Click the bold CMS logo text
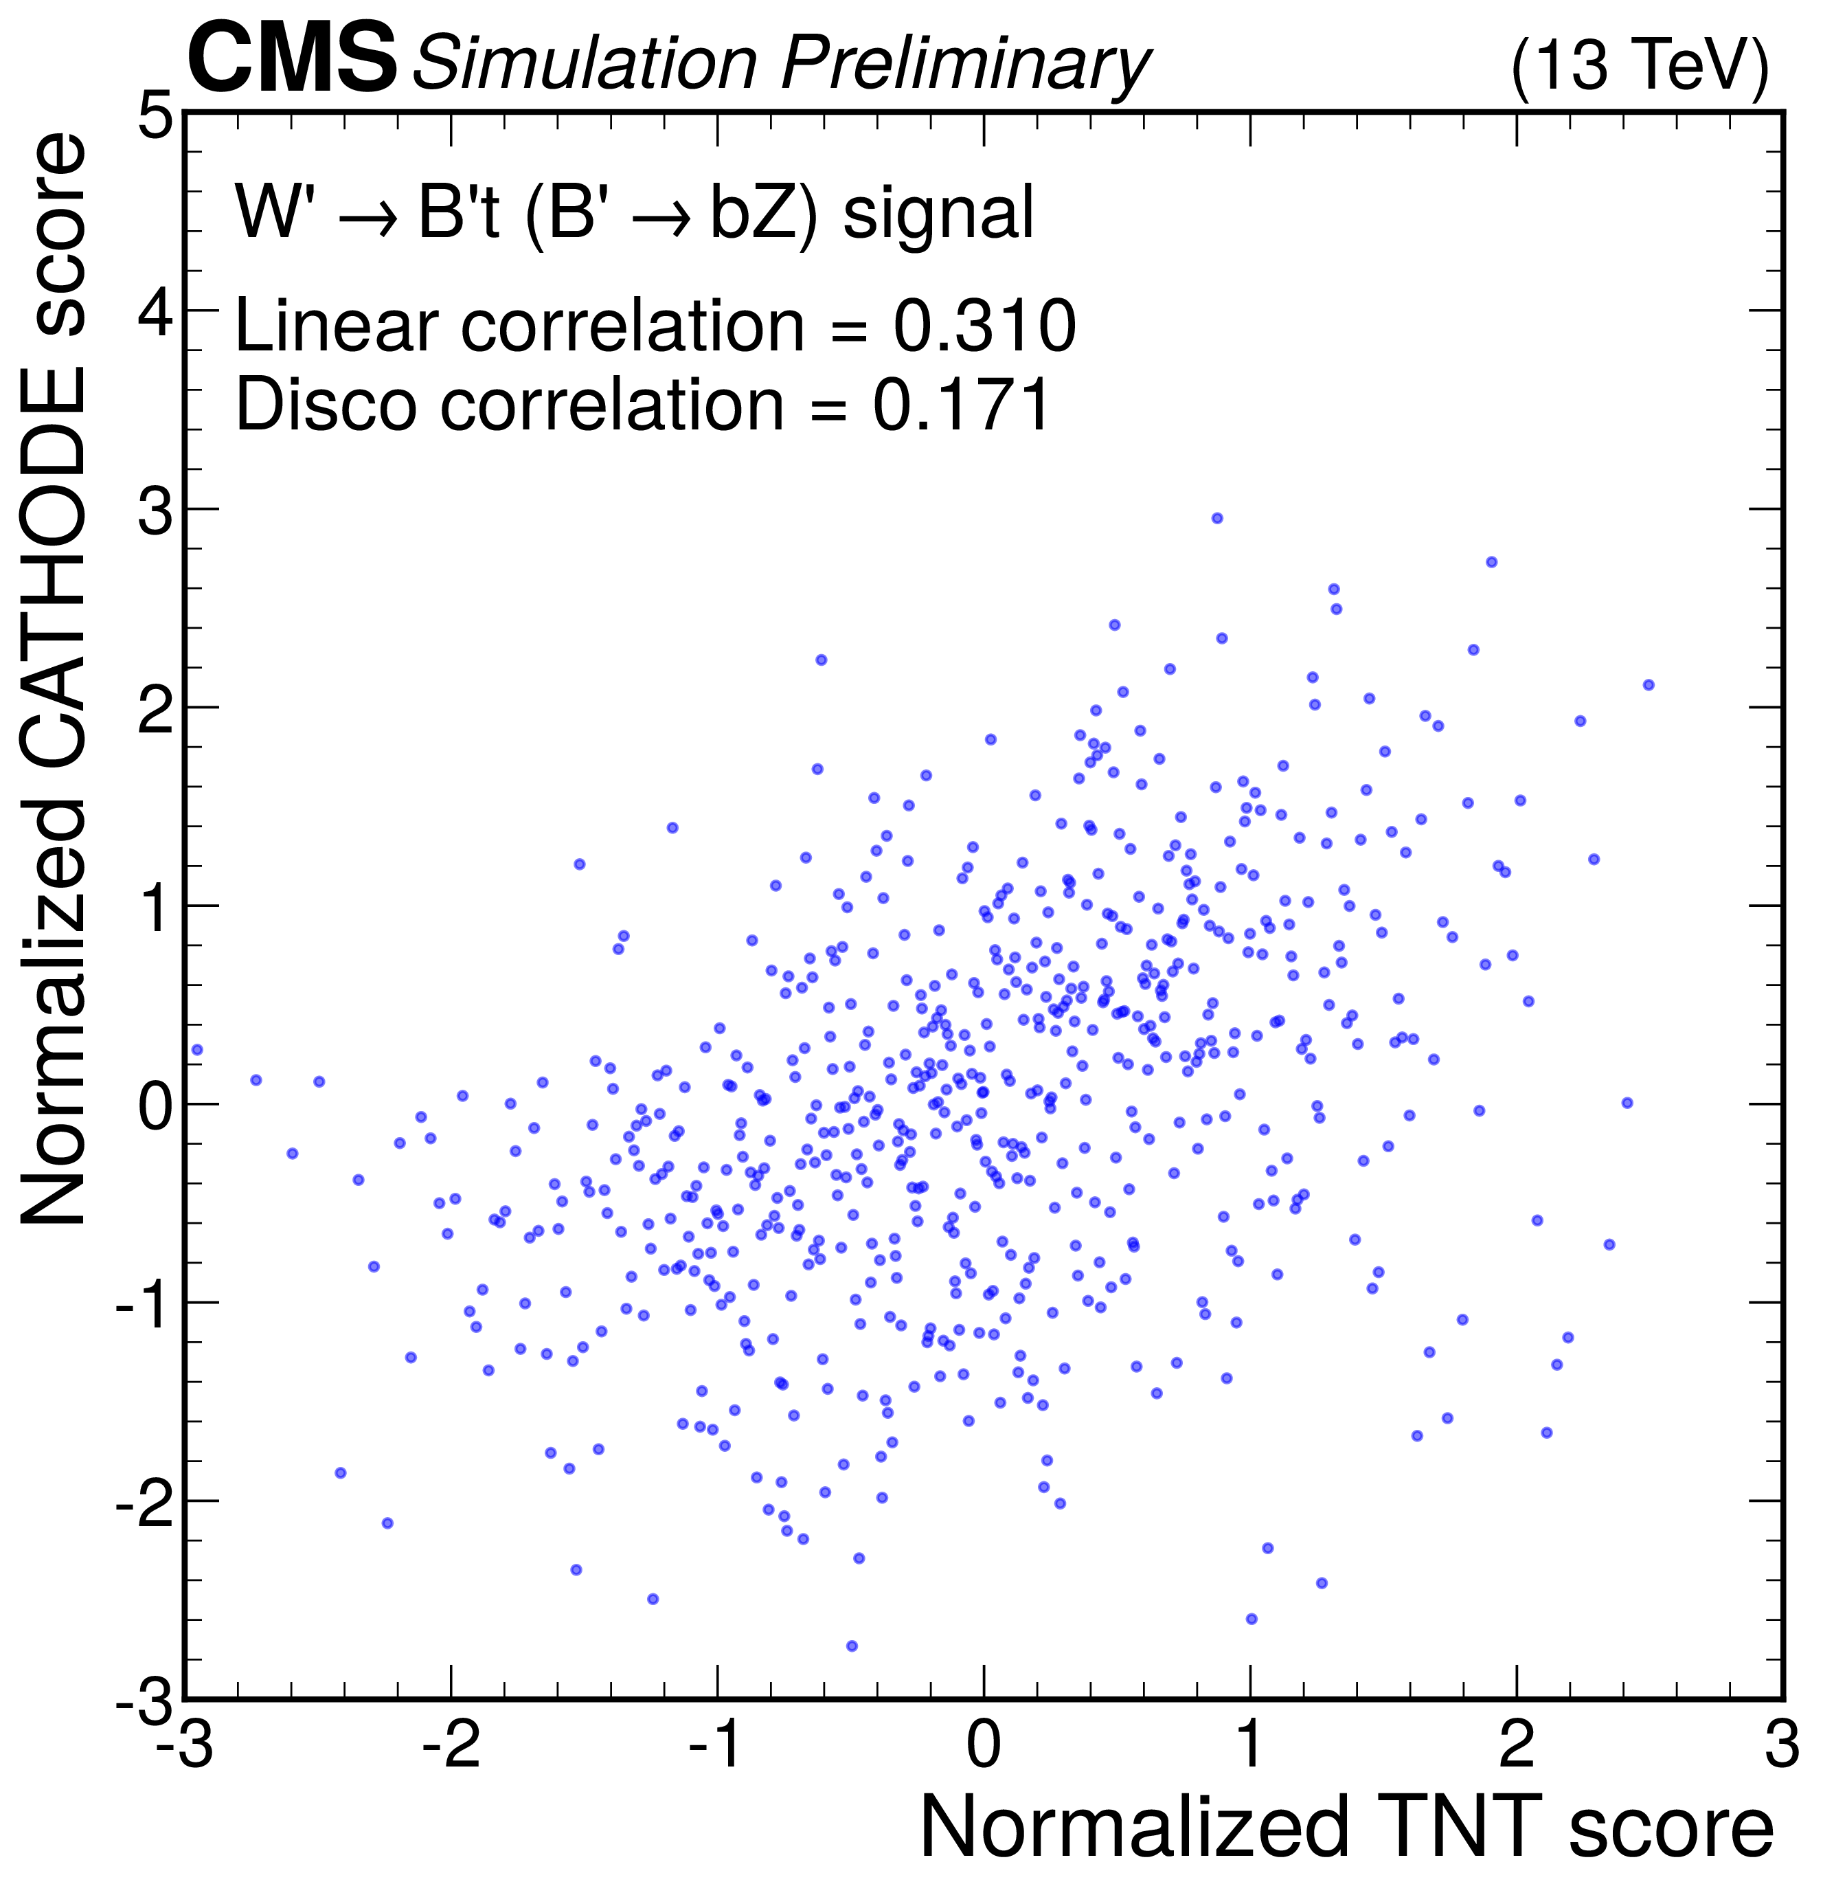pos(291,60)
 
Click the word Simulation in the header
pos(585,63)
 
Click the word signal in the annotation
pos(938,213)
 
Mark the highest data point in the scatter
pos(1217,518)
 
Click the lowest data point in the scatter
pos(852,1646)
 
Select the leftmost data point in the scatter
pos(197,1049)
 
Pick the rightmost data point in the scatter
pos(1648,684)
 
